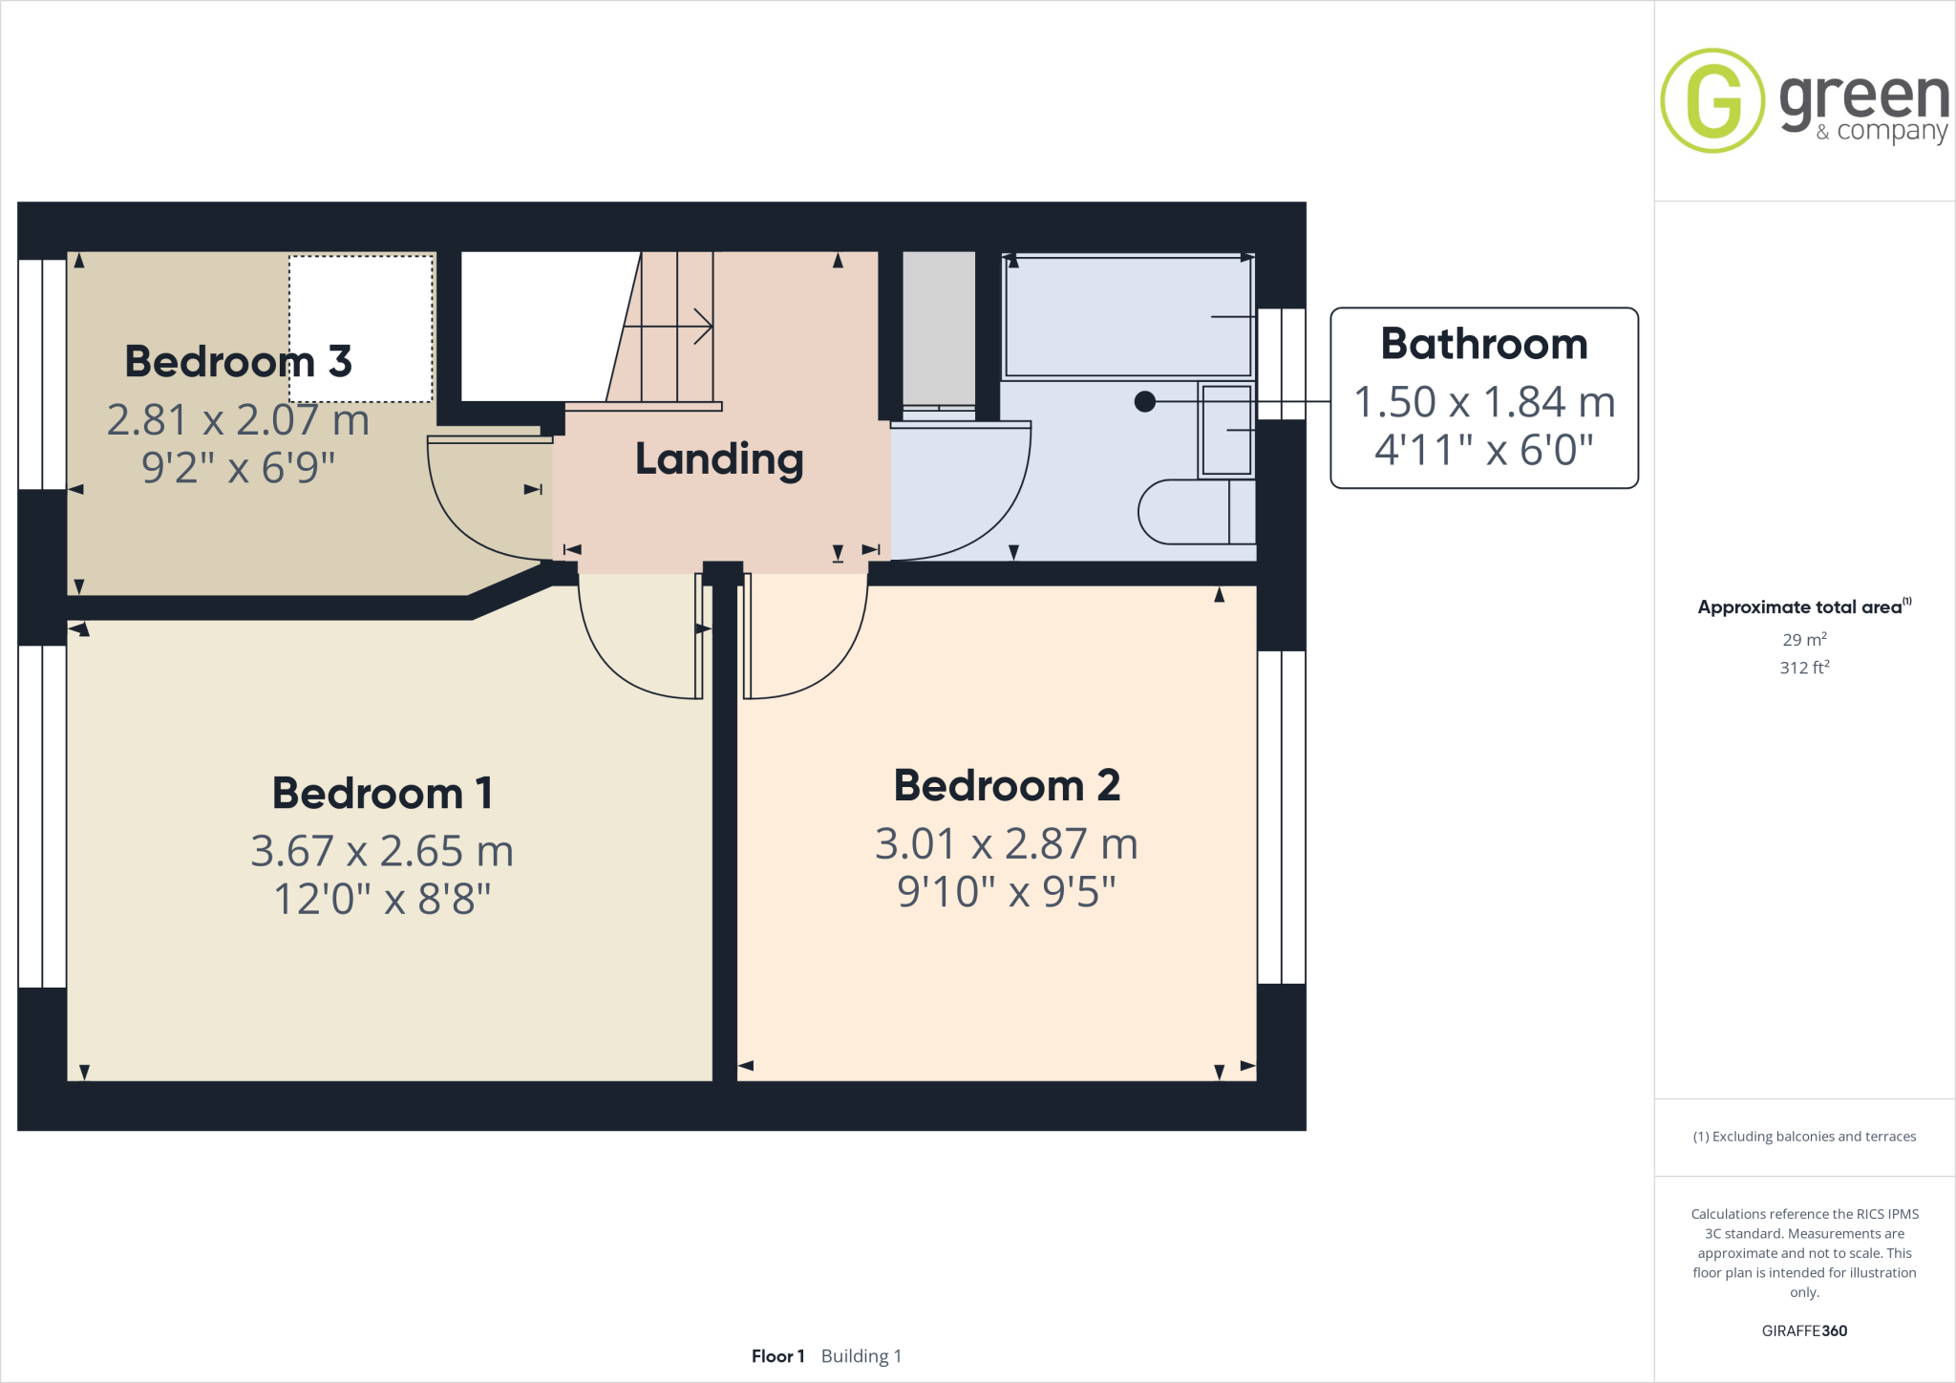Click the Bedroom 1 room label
pos(382,793)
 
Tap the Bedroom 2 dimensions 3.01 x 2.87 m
pos(1007,844)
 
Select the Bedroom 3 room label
pos(238,362)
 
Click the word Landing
pos(719,459)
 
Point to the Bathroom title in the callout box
pos(1484,344)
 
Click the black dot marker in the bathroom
pos(1144,402)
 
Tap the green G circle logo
pos(1712,100)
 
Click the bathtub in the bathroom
pos(1127,317)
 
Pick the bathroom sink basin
pos(1226,431)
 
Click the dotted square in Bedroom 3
pos(361,329)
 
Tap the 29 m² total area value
pos(1803,640)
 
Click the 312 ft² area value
pos(1803,668)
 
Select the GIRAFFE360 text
pos(1803,1330)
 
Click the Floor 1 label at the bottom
pos(777,1356)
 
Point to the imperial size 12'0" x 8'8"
pos(382,899)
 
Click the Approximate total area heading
pos(1799,607)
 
